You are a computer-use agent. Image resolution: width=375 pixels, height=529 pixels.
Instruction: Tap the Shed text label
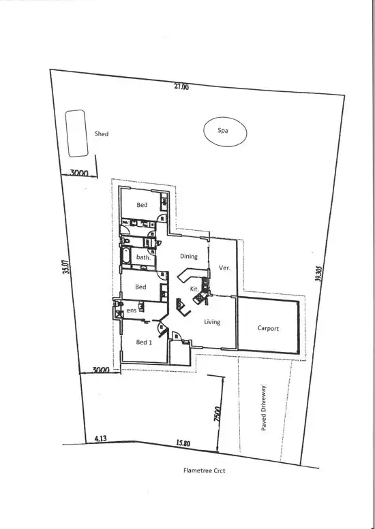102,134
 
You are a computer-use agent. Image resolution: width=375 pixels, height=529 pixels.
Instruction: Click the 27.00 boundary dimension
181,87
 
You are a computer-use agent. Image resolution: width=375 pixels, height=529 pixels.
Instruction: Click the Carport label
268,329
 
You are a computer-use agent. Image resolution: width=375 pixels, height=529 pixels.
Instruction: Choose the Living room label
212,321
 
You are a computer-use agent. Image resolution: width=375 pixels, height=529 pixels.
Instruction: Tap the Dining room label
188,257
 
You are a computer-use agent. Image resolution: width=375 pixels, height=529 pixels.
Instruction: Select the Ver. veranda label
224,268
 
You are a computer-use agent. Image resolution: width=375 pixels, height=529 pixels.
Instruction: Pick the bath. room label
143,257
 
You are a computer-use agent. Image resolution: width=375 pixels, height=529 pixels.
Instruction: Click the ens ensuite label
132,311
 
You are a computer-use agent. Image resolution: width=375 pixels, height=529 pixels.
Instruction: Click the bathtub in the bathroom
127,257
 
